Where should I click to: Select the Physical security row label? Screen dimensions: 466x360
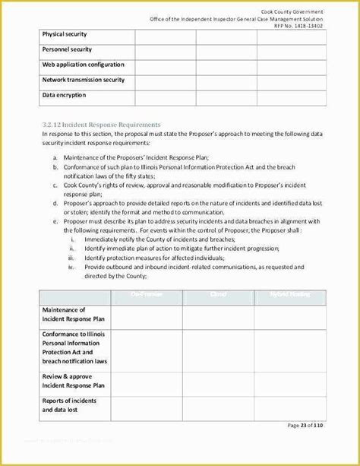[x=65, y=34]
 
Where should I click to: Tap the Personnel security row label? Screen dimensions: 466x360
[x=67, y=49]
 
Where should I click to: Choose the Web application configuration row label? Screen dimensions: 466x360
[x=84, y=65]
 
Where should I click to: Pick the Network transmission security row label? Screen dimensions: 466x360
[x=84, y=80]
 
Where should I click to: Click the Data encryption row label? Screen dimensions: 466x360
[x=64, y=95]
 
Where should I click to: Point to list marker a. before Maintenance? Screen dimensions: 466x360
[x=55, y=157]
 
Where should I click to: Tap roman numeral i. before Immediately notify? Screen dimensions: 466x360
[x=72, y=239]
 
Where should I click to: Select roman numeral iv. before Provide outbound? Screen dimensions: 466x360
[x=72, y=268]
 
